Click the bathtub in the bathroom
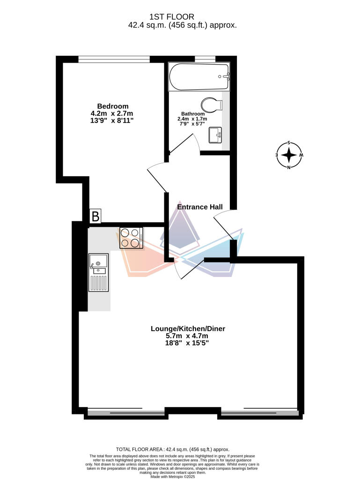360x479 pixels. pyautogui.click(x=199, y=77)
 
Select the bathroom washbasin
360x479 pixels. pyautogui.click(x=215, y=135)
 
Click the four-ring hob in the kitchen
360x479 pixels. pyautogui.click(x=132, y=237)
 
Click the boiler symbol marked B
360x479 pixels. pyautogui.click(x=96, y=217)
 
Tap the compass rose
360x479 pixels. pyautogui.click(x=289, y=155)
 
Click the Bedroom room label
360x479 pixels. pyautogui.click(x=112, y=106)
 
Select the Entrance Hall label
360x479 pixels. pyautogui.click(x=199, y=207)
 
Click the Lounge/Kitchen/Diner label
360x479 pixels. pyautogui.click(x=188, y=329)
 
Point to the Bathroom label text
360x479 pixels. pyautogui.click(x=193, y=114)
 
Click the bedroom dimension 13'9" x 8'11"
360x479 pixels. pyautogui.click(x=112, y=121)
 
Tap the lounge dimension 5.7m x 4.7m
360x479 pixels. pyautogui.click(x=188, y=336)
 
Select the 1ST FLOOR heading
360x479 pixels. pyautogui.click(x=183, y=17)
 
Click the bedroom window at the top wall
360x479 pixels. pyautogui.click(x=114, y=59)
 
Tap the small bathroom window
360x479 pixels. pyautogui.click(x=205, y=59)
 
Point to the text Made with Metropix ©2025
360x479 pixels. pyautogui.click(x=180, y=476)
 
